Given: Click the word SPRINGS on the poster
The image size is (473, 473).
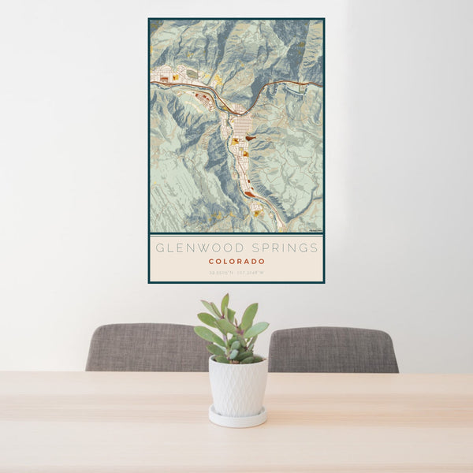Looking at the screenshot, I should point(281,248).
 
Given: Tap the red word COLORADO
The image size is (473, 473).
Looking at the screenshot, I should point(236,261).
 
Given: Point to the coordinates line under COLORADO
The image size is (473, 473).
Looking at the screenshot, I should point(236,273).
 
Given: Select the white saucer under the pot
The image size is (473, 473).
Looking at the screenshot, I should point(237,418).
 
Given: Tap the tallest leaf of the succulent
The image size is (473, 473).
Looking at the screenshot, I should point(225,304).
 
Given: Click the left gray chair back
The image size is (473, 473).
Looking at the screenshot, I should point(146,347).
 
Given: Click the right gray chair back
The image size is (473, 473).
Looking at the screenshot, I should point(333,349).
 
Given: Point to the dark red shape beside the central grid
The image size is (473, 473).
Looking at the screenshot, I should point(251,138).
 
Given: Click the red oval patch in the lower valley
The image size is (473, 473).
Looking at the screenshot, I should point(249,194).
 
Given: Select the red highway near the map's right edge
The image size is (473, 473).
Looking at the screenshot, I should point(307,83).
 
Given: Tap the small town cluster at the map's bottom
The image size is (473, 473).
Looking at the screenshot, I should point(256,210).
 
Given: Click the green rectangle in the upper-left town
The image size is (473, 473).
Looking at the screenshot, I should point(192,73).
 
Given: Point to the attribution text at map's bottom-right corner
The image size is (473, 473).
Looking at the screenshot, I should point(314,230).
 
